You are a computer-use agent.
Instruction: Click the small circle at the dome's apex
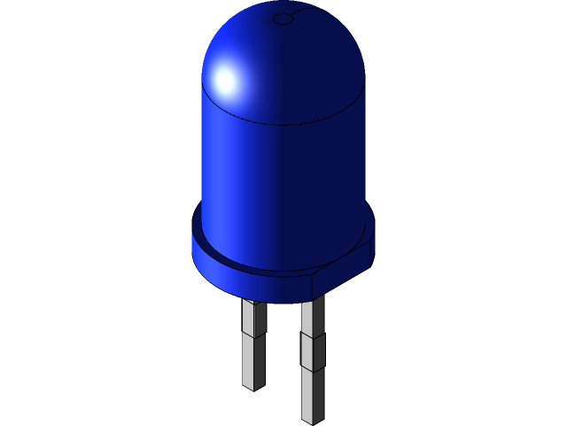[283, 19]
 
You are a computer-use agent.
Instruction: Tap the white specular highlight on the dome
[226, 81]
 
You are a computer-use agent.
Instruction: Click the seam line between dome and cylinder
[283, 124]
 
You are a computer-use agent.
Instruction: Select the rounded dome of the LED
[283, 62]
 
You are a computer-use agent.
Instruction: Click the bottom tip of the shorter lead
[253, 387]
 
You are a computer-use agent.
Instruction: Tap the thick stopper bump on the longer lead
[312, 351]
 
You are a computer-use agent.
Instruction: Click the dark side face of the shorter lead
[260, 355]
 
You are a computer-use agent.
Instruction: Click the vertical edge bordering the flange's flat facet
[312, 282]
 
